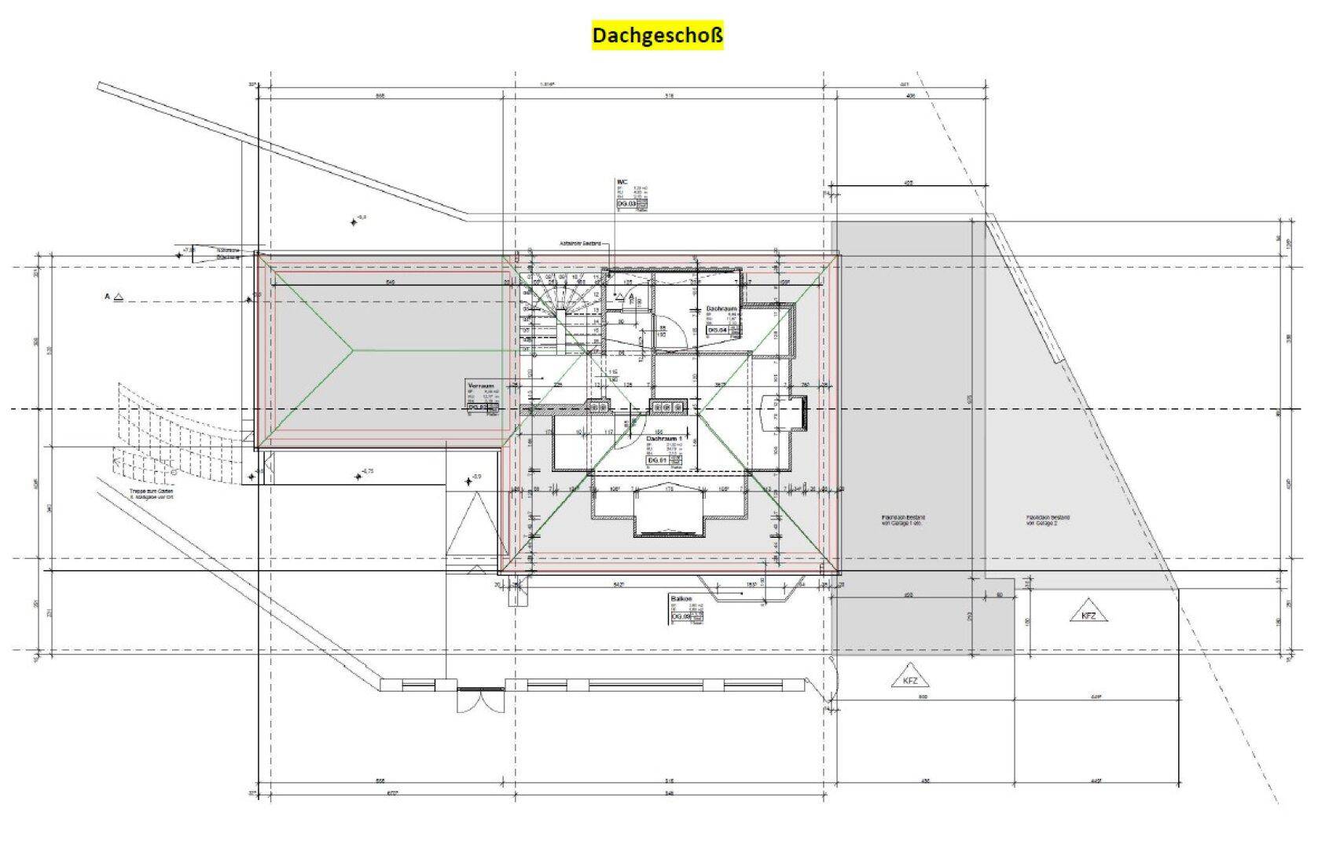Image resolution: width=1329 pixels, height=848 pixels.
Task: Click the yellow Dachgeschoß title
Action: click(x=657, y=36)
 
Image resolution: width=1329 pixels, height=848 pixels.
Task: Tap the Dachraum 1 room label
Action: click(x=665, y=439)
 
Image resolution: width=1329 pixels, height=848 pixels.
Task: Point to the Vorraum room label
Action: click(x=480, y=387)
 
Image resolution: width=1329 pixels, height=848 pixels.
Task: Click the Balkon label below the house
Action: click(x=680, y=598)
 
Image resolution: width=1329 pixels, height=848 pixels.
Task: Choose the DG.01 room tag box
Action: click(x=657, y=460)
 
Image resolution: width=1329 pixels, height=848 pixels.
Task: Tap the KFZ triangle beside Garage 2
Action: click(x=1089, y=613)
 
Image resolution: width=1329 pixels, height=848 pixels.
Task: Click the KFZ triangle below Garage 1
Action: click(x=910, y=679)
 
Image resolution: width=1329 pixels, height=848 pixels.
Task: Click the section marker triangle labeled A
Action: click(x=118, y=297)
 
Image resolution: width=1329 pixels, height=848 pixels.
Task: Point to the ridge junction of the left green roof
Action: click(x=352, y=350)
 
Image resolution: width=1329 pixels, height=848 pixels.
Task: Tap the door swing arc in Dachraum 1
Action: click(x=626, y=437)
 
